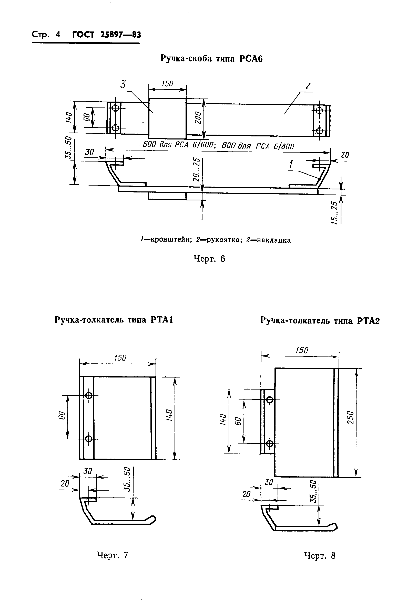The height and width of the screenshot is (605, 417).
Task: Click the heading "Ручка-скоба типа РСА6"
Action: coord(211,58)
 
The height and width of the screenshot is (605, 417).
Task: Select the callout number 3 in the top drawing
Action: coord(123,84)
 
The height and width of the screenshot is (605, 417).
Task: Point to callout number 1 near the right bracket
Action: coord(291,164)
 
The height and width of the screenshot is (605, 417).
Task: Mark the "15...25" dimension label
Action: coord(335,212)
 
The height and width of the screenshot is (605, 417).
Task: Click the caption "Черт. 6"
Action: coord(209,258)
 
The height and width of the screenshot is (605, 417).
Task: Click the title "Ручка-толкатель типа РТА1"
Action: coord(114,320)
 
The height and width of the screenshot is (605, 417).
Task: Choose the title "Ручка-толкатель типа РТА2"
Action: coord(320,321)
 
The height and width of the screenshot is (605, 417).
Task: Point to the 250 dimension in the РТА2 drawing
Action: coord(351,417)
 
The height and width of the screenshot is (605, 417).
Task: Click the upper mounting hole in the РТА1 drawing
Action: coord(89,395)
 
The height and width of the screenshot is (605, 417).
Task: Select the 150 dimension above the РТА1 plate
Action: coord(120,358)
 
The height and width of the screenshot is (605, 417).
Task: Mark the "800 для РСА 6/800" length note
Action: coord(258,146)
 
